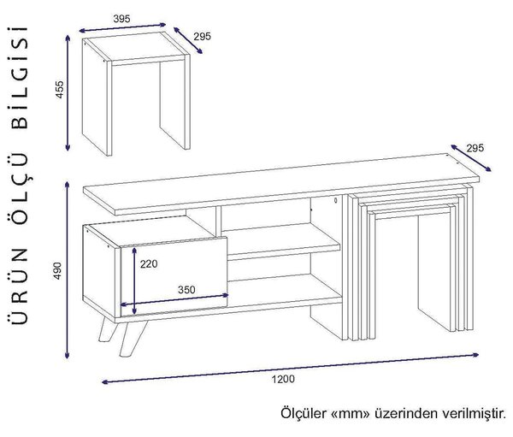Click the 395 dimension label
click(121, 19)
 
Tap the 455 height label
click(60, 89)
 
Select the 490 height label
click(57, 270)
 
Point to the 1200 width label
click(283, 379)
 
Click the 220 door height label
click(149, 263)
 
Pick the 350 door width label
click(186, 289)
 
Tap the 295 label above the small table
click(202, 36)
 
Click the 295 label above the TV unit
click(475, 148)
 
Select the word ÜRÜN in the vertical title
click(19, 286)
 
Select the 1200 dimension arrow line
click(291, 368)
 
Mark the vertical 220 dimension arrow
click(134, 281)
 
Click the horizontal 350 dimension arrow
click(174, 300)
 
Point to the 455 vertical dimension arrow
click(68, 93)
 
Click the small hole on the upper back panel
click(336, 199)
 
